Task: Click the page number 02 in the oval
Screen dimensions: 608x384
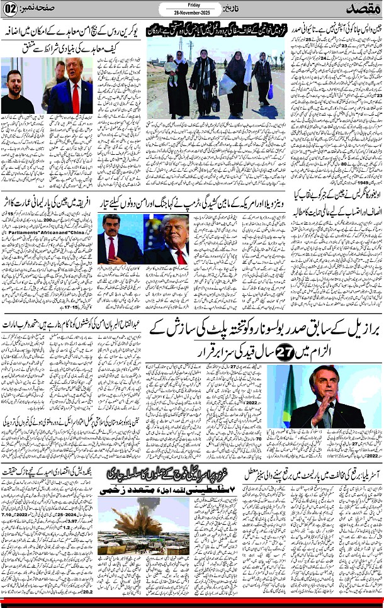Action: tap(13, 9)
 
